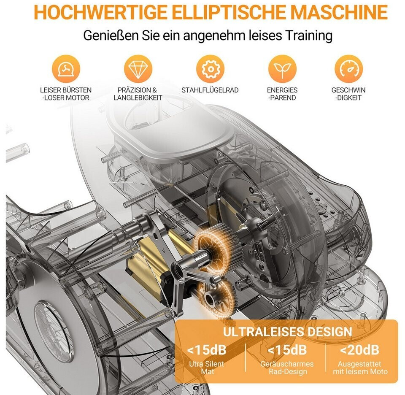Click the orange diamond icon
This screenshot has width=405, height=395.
(138, 69)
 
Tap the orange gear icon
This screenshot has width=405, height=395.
(210, 69)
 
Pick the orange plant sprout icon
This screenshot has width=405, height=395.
(282, 69)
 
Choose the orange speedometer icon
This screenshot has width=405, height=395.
(349, 69)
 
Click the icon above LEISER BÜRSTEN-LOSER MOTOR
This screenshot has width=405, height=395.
(66, 69)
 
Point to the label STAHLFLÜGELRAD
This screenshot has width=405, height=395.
(210, 90)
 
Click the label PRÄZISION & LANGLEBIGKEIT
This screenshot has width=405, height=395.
(138, 94)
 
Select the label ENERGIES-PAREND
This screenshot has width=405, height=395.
(282, 94)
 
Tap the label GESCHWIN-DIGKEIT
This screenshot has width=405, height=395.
(348, 94)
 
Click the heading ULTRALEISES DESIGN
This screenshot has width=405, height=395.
(287, 332)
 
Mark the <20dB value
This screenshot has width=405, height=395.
(359, 350)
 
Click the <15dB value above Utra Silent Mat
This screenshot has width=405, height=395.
(207, 350)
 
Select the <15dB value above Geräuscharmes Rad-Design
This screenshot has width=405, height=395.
(287, 350)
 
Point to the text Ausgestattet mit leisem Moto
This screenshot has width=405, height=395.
(360, 368)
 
